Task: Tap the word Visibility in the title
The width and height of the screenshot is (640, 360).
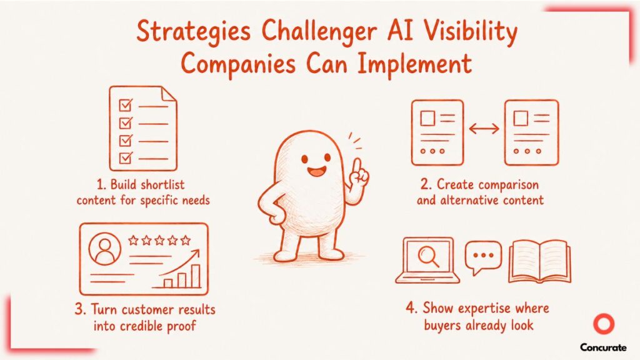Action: [470, 32]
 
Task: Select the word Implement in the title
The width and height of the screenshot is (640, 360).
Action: [415, 64]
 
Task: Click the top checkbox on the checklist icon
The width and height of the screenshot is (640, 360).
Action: [126, 105]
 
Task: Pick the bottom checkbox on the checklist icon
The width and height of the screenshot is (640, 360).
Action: [126, 157]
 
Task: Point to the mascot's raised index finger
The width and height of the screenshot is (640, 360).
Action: [358, 167]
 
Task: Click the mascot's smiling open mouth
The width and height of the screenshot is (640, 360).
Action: [316, 171]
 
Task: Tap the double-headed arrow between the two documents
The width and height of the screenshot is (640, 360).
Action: [484, 129]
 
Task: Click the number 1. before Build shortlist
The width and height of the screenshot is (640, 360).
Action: [101, 184]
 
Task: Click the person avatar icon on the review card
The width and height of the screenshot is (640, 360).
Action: [105, 249]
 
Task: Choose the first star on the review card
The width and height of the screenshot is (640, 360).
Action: [133, 240]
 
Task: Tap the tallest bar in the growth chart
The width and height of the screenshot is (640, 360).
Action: [196, 276]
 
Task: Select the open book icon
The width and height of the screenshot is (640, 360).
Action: [539, 261]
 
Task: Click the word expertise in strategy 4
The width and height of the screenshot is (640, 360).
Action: [484, 309]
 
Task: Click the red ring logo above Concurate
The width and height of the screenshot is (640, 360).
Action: [604, 324]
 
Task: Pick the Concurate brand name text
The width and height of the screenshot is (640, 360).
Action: [603, 347]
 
